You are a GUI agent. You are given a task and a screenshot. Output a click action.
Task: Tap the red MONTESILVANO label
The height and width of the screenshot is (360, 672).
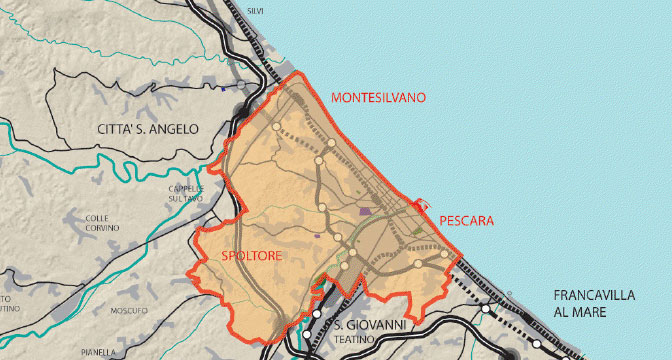pos(377,98)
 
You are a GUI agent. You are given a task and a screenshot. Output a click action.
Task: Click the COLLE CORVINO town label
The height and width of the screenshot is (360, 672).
pos(103,223)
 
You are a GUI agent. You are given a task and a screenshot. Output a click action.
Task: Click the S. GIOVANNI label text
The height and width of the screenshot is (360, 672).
pos(369,325)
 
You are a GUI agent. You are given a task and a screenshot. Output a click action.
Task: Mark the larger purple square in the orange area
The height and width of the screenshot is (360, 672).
pos(365,211)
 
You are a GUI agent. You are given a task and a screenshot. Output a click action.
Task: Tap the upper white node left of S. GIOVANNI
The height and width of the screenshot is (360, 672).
pos(318,314)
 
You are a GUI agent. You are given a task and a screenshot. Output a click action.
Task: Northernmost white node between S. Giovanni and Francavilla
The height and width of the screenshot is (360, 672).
pos(486,310)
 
